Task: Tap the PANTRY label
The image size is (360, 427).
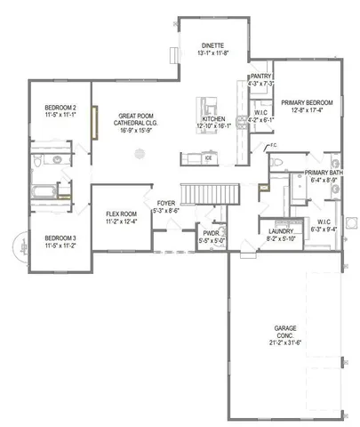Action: pyautogui.click(x=260, y=77)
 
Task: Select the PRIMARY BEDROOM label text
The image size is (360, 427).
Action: pyautogui.click(x=307, y=103)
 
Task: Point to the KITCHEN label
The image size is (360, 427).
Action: pyautogui.click(x=213, y=118)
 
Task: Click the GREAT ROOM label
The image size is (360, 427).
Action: pyautogui.click(x=138, y=117)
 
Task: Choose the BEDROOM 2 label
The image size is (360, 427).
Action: pyautogui.click(x=60, y=108)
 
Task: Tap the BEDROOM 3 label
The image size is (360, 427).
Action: pyautogui.click(x=60, y=238)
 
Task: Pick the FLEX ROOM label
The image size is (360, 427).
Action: pyautogui.click(x=120, y=215)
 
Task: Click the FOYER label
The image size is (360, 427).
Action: pyautogui.click(x=166, y=203)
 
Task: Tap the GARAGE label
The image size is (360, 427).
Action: pyautogui.click(x=284, y=331)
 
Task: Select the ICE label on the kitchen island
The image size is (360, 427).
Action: pyautogui.click(x=208, y=159)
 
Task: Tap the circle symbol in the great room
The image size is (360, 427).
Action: pyautogui.click(x=138, y=154)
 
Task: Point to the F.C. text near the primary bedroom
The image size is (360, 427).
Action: pyautogui.click(x=274, y=145)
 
